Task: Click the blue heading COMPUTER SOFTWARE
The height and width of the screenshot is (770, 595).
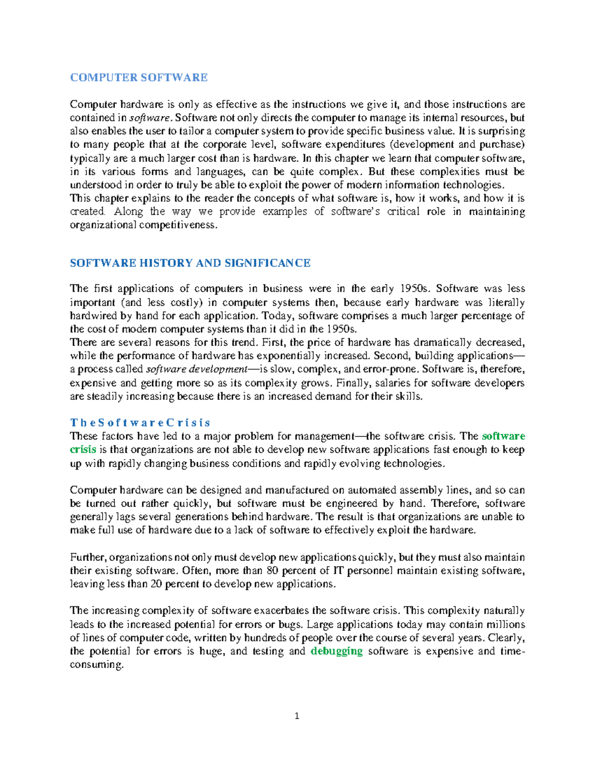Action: [x=139, y=77]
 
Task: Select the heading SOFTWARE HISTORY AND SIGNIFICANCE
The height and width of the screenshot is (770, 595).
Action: [x=190, y=263]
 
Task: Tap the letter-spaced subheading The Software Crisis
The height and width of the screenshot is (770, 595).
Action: [x=140, y=423]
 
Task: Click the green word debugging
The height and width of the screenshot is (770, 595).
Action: [x=336, y=651]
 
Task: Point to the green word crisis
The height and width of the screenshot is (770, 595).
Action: [x=83, y=450]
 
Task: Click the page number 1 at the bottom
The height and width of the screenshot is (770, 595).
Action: [x=297, y=716]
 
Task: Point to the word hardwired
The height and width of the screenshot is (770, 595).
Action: [x=93, y=316]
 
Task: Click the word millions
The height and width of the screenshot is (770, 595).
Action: [x=505, y=624]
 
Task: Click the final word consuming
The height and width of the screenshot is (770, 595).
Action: [x=96, y=665]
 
